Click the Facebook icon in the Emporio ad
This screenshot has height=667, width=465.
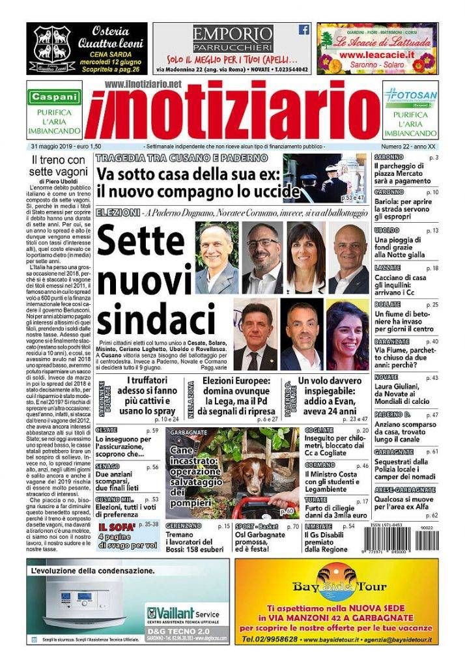(303, 29)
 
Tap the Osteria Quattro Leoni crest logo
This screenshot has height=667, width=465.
(53, 48)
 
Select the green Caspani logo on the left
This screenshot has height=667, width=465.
(54, 96)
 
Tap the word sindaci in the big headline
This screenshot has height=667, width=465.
(156, 319)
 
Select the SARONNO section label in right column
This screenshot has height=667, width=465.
(389, 158)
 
